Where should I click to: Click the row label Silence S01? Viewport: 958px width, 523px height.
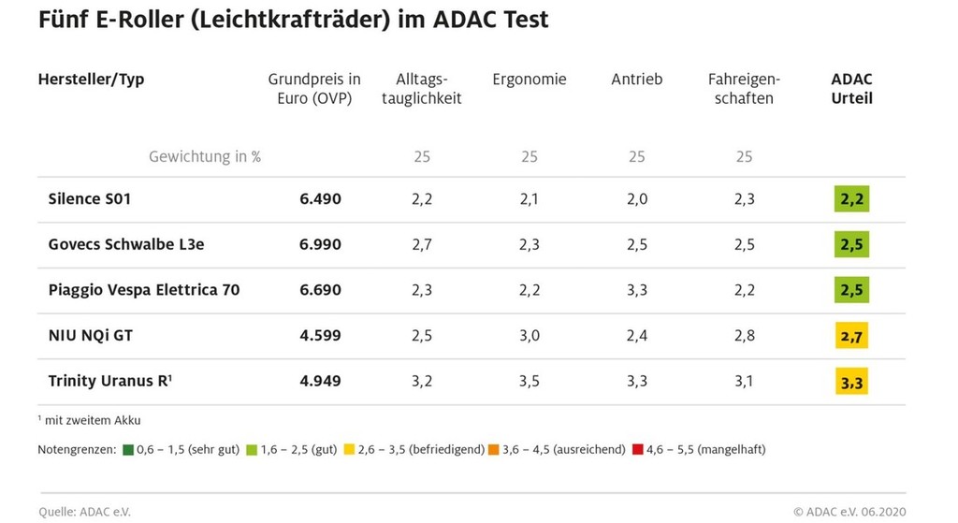tap(89, 199)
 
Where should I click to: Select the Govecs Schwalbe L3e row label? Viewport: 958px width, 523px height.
tap(126, 244)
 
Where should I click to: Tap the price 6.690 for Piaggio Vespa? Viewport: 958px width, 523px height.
tap(319, 290)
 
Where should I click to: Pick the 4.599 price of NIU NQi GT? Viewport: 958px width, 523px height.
tap(319, 335)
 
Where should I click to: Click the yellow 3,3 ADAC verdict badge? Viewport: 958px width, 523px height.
tap(851, 381)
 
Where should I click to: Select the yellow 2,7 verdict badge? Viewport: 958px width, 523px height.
tap(851, 335)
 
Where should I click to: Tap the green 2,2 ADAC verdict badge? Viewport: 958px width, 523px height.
tap(851, 199)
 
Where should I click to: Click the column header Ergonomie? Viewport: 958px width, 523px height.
tap(530, 80)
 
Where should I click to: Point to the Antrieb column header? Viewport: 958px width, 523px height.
tap(636, 80)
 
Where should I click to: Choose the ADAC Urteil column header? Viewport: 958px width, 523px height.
tap(851, 88)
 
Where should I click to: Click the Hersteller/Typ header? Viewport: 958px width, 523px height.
tap(91, 80)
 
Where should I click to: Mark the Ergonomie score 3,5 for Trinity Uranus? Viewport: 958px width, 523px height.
tap(530, 381)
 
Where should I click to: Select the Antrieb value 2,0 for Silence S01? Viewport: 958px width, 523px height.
tap(636, 199)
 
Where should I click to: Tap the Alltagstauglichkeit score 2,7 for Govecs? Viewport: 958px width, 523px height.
tap(422, 244)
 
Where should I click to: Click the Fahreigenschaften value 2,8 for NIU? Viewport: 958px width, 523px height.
tap(744, 335)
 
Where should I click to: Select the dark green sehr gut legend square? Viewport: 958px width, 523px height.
tap(129, 450)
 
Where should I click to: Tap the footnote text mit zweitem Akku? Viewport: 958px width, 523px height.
tap(92, 421)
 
